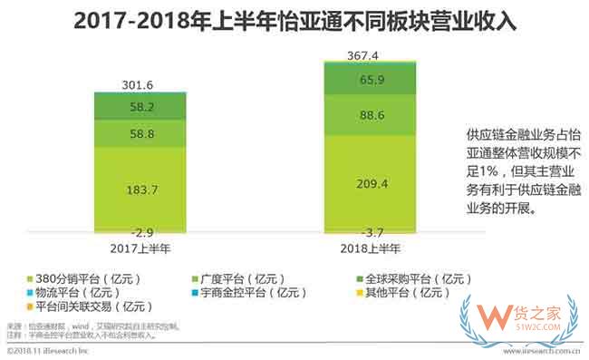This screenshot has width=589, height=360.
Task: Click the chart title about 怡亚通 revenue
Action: click(x=294, y=21)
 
